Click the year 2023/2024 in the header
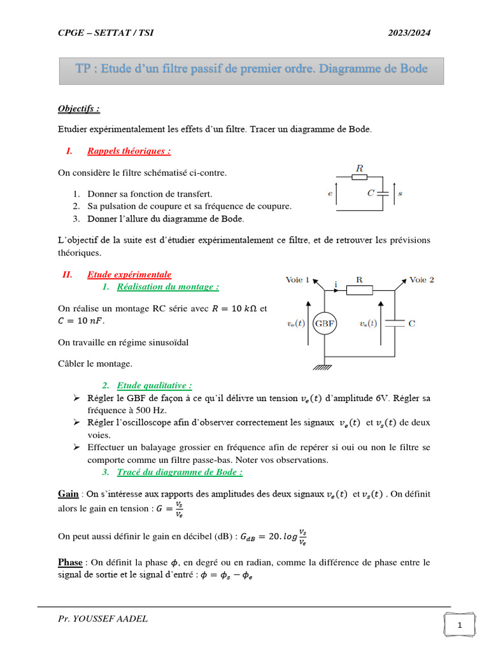pyautogui.click(x=409, y=33)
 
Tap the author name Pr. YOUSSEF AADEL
pyautogui.click(x=102, y=618)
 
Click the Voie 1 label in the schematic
pyautogui.click(x=298, y=280)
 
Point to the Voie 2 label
pyautogui.click(x=422, y=280)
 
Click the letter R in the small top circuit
pyautogui.click(x=359, y=169)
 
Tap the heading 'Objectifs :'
pyautogui.click(x=79, y=109)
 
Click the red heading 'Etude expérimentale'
pyautogui.click(x=129, y=274)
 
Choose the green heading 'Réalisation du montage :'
pyautogui.click(x=168, y=287)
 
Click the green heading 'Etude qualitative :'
pyautogui.click(x=155, y=385)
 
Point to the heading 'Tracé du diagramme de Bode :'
pyautogui.click(x=180, y=472)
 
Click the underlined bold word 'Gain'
pyautogui.click(x=68, y=493)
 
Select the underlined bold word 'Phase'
pyautogui.click(x=70, y=562)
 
